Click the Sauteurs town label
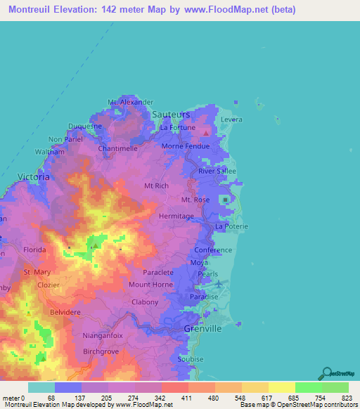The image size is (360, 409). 171,114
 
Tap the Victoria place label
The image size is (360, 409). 33,178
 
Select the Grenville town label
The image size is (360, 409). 202,329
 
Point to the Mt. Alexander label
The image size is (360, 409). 130,102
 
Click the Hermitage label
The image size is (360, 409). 176,216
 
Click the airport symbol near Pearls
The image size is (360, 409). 219,284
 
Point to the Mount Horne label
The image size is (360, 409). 150,285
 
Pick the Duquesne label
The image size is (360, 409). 85,126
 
